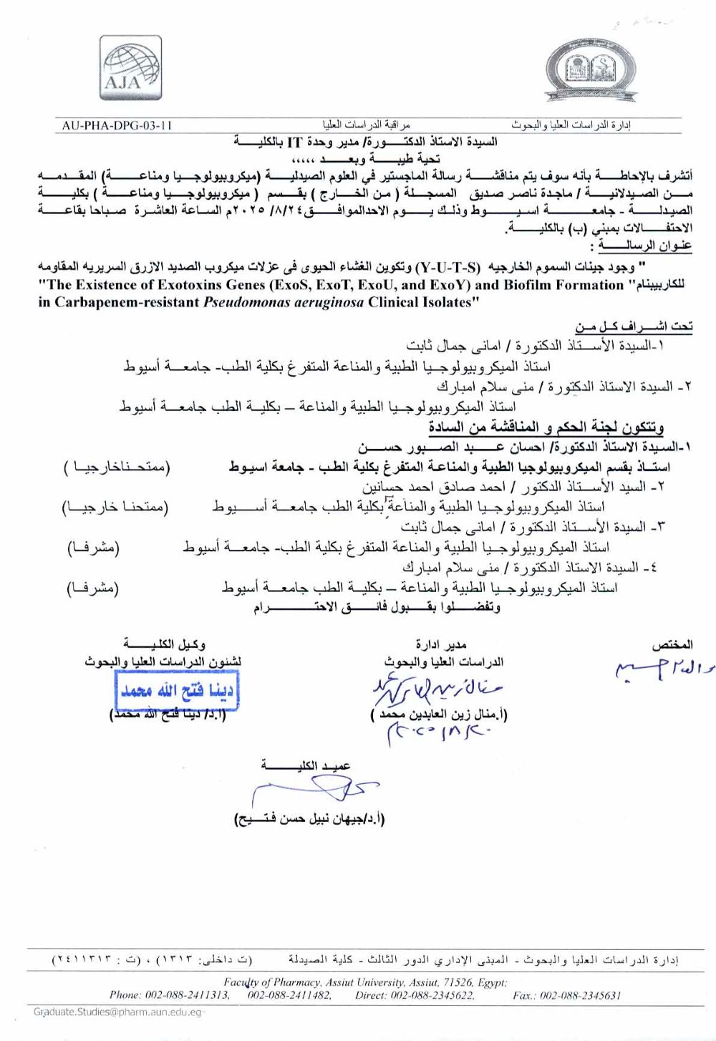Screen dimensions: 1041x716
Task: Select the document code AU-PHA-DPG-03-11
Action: [117, 125]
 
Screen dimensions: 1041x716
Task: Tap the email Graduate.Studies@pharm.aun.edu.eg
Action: [117, 1012]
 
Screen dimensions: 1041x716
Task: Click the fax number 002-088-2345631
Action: [580, 995]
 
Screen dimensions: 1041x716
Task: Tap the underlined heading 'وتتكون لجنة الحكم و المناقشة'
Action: [546, 428]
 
